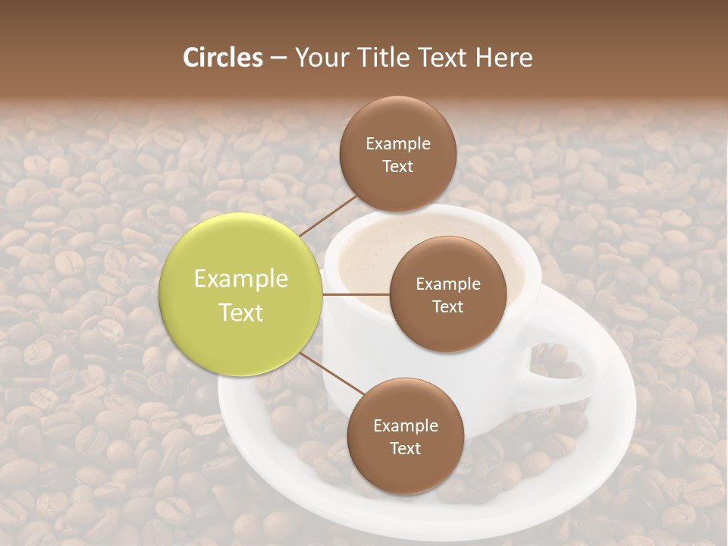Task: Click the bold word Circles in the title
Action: coord(222,58)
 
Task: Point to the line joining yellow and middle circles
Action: coord(355,294)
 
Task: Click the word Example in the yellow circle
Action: coord(241,279)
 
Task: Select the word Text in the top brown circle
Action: coord(397,167)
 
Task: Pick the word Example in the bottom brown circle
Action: coord(406,426)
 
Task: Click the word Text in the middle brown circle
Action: coord(447,307)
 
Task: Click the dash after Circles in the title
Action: coord(278,58)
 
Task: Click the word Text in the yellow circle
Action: coord(241,312)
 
